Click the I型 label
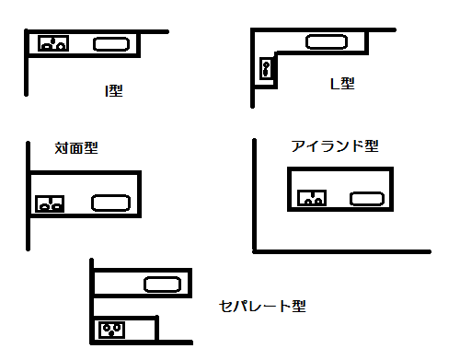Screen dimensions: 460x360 tap(113, 90)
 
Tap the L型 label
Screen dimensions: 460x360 tap(341, 84)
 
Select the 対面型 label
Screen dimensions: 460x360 tap(76, 147)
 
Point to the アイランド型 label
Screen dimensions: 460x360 tap(334, 146)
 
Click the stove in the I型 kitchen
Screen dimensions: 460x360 tap(52, 42)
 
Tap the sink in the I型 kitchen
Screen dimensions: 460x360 tap(111, 43)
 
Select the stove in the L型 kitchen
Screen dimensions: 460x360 tap(267, 68)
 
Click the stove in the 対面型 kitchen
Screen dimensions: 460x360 tap(49, 203)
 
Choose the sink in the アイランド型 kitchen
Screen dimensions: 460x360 tap(366, 197)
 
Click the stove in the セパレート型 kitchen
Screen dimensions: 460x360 tap(112, 328)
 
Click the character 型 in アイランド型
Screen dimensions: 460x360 tap(371, 146)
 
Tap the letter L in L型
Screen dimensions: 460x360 tap(335, 84)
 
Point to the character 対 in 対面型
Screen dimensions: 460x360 tap(62, 147)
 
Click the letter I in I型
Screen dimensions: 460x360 tap(107, 90)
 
